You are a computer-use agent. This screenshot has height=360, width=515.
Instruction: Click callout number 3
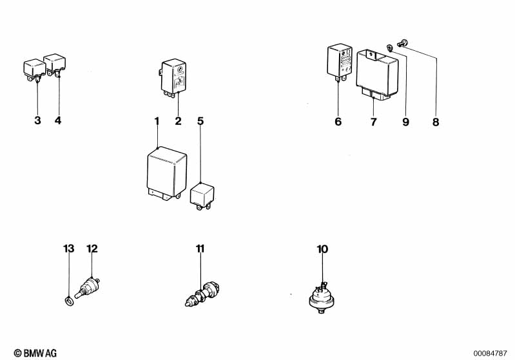pos(38,120)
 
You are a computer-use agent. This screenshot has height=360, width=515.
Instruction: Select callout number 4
pos(58,120)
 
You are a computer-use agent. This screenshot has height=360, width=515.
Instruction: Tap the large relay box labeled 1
pos(167,174)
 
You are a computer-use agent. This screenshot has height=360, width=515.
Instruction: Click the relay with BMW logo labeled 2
pos(173,79)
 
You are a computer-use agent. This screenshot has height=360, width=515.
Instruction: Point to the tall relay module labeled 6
pos(340,62)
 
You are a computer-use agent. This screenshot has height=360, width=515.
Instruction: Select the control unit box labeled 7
pos(377,74)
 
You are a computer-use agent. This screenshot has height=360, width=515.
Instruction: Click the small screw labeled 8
pos(402,43)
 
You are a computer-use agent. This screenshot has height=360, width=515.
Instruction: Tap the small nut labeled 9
pos(389,47)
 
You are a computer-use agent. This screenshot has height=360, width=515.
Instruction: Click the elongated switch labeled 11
pos(202,294)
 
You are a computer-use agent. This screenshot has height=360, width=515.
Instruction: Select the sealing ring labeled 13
pos(69,301)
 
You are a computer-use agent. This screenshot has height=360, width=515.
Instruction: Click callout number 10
pos(322,249)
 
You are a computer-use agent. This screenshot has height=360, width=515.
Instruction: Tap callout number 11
pos(200,249)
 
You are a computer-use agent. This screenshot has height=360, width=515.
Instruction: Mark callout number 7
pos(373,122)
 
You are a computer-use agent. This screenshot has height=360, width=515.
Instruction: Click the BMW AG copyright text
pos(35,353)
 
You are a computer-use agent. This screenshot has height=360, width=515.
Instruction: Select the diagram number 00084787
pos(490,354)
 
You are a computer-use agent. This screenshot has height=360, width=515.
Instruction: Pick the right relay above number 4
pos(55,65)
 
